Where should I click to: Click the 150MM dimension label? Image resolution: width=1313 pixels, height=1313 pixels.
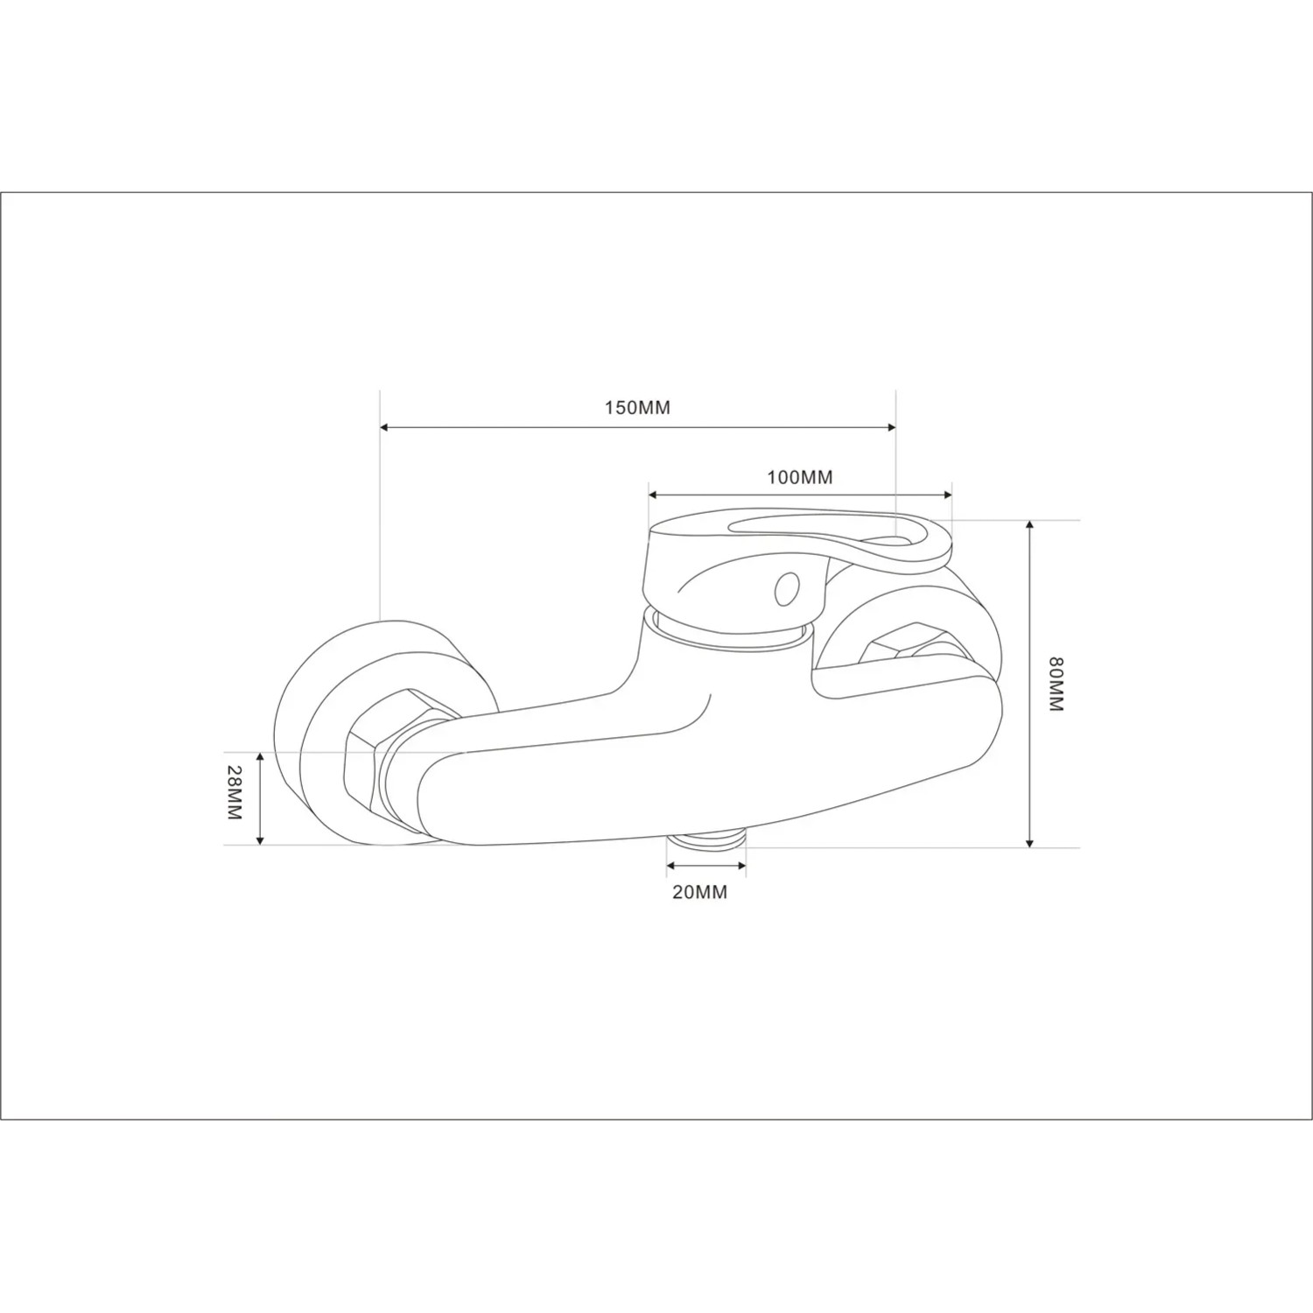point(637,407)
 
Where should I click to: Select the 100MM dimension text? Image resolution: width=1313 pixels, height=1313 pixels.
point(800,477)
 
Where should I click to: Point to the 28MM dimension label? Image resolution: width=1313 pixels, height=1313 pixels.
point(233,792)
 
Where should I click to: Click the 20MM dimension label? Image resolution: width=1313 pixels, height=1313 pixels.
point(699,892)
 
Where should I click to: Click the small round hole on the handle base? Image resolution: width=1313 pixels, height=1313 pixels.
point(787,589)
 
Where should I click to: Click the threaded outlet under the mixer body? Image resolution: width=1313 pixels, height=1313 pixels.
point(707,839)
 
